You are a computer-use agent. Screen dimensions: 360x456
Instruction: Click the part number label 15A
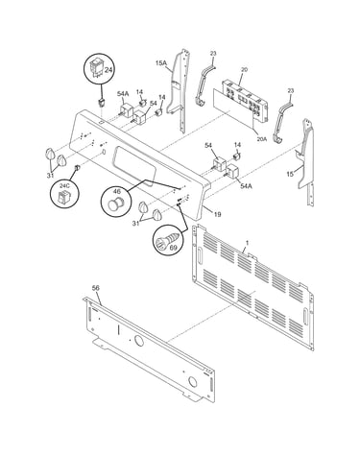click(x=161, y=63)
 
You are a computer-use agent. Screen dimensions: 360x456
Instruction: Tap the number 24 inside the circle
click(x=108, y=70)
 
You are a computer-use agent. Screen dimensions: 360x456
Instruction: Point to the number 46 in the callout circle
click(x=117, y=192)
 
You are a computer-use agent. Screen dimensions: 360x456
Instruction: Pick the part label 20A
click(x=261, y=139)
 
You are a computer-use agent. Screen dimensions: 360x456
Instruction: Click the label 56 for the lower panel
click(x=96, y=288)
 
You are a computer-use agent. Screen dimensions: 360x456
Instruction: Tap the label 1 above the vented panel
click(x=247, y=243)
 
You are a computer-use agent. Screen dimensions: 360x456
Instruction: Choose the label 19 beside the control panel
click(x=217, y=214)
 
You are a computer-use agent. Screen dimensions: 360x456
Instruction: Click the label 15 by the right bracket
click(x=290, y=174)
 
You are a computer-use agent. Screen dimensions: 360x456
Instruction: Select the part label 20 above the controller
click(x=244, y=69)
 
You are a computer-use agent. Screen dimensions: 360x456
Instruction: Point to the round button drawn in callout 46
click(x=113, y=204)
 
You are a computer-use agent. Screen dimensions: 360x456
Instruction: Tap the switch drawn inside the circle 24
click(x=97, y=68)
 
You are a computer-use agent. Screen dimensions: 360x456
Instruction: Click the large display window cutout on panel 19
click(x=134, y=166)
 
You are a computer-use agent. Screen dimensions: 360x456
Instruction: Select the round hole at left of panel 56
click(x=139, y=341)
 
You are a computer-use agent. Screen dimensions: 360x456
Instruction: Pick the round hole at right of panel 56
click(x=192, y=381)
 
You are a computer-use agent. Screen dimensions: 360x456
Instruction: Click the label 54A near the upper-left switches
click(x=123, y=94)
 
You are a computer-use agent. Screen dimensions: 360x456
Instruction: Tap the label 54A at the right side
click(x=246, y=185)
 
